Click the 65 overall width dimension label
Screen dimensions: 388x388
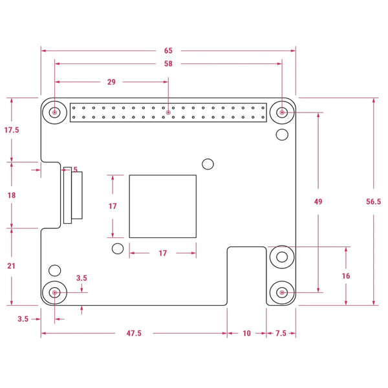168,50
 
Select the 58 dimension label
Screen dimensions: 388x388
168,64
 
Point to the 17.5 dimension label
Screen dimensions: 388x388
12,130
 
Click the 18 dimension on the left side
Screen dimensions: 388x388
12,195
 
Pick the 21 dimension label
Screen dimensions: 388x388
12,266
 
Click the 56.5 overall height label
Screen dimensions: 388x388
373,202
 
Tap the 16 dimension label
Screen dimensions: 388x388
346,275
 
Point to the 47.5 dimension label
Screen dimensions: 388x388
134,334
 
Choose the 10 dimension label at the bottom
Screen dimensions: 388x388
246,334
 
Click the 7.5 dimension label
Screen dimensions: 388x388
281,334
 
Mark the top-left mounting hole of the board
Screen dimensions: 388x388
55,113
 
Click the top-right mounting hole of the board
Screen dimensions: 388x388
282,113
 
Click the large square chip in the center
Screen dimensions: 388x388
163,206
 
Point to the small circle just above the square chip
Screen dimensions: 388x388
208,164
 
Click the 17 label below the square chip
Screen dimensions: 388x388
163,253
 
